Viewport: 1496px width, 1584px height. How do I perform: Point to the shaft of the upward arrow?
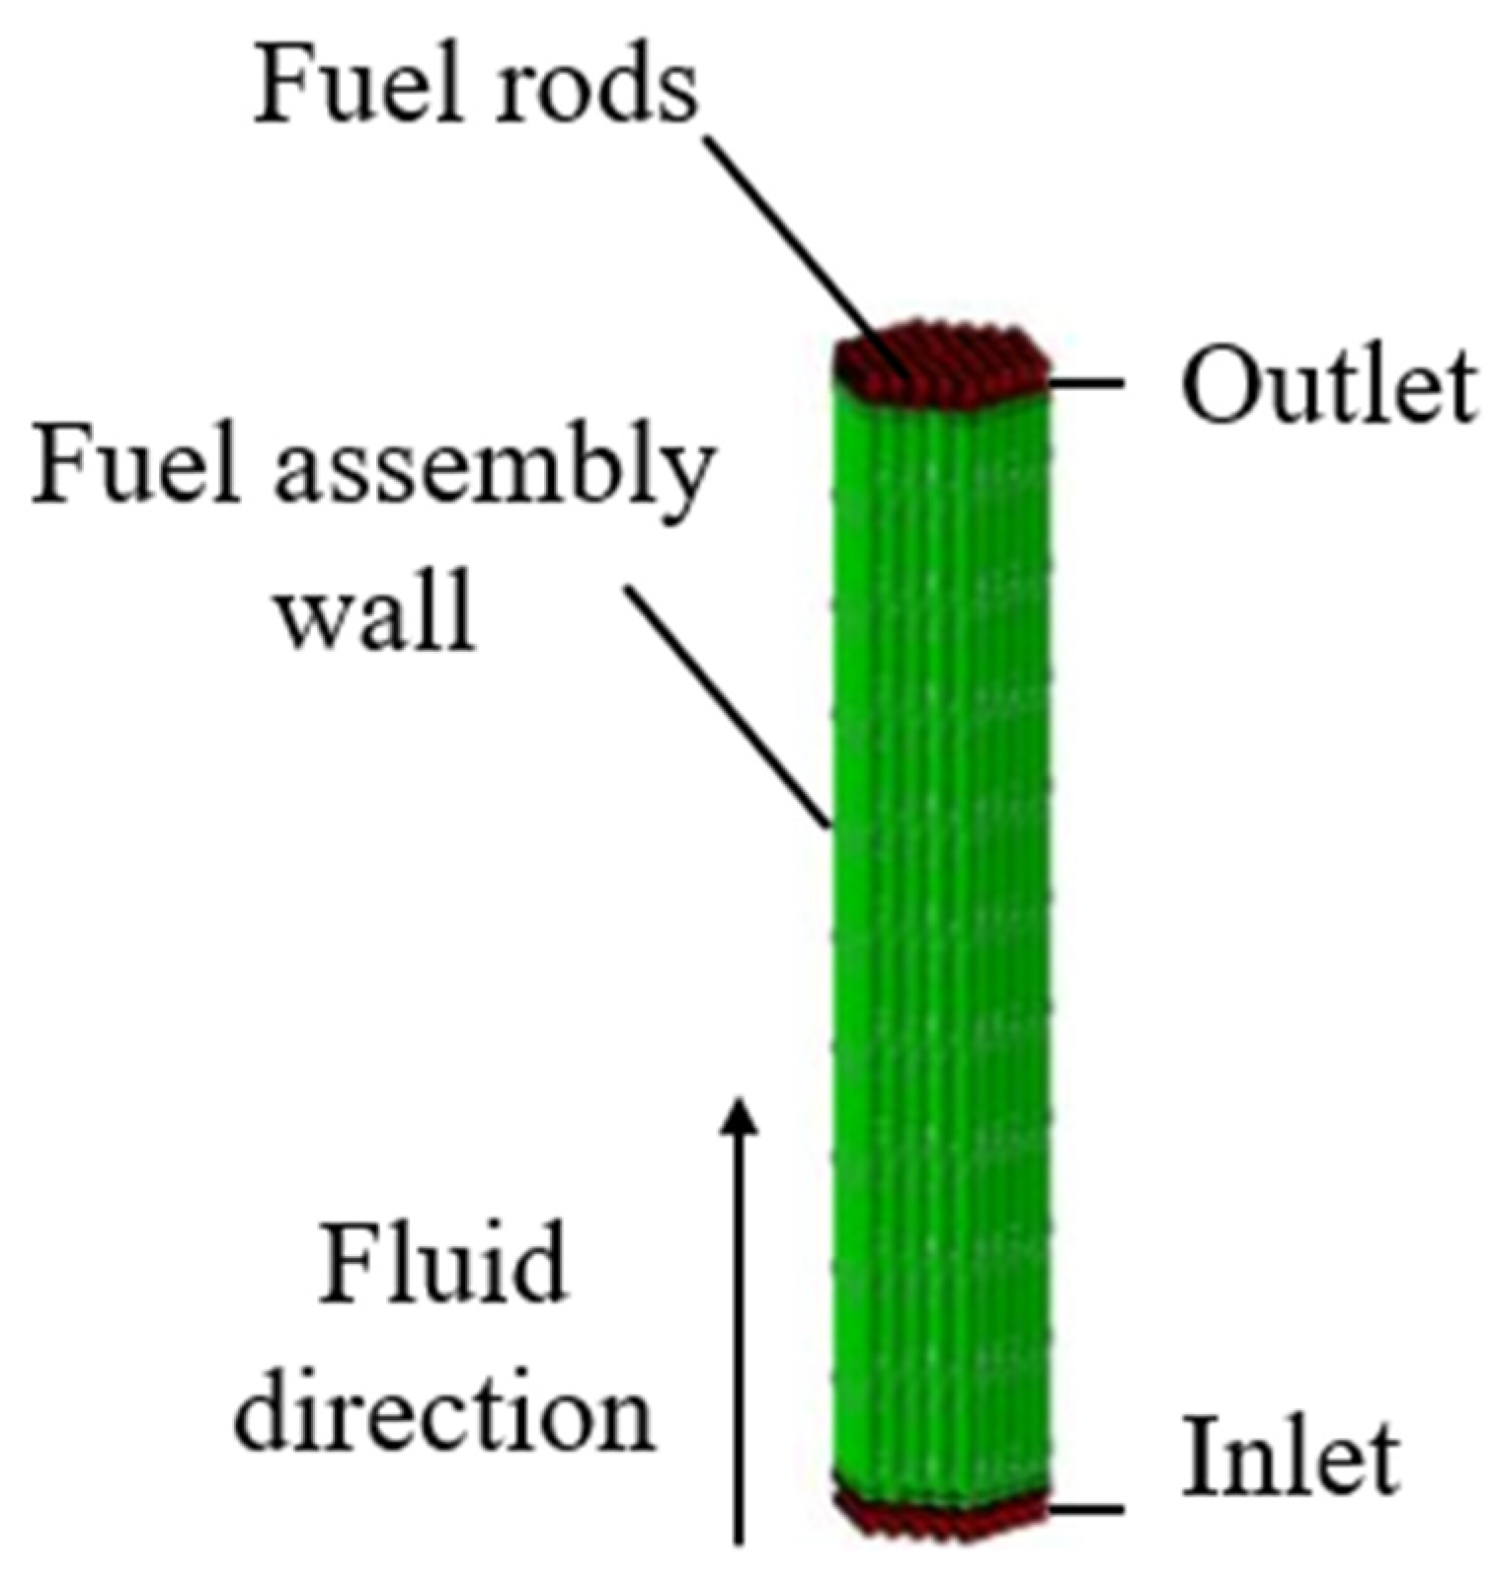[738, 1333]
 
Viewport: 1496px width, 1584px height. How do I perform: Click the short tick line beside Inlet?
[1086, 1509]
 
